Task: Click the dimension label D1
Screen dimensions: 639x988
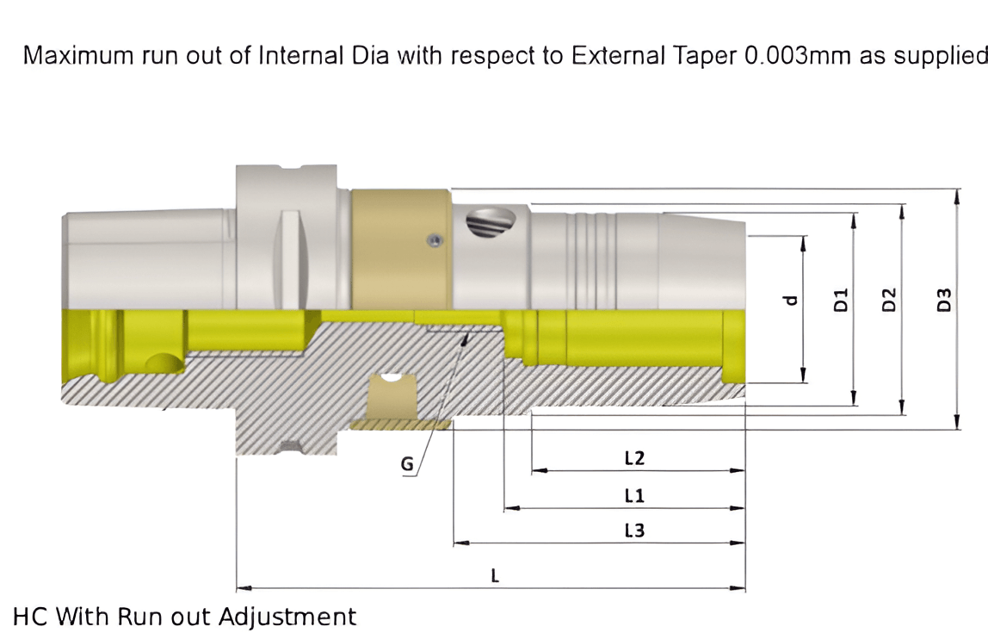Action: click(843, 301)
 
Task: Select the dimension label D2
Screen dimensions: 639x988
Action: click(891, 301)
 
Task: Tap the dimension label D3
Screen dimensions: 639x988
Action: click(944, 301)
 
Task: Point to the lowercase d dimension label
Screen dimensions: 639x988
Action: click(790, 301)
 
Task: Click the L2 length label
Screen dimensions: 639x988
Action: click(634, 458)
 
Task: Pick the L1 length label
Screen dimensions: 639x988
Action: click(634, 496)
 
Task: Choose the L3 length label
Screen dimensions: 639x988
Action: click(634, 530)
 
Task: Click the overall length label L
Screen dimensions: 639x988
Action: click(495, 575)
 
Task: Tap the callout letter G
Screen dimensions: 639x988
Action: click(407, 465)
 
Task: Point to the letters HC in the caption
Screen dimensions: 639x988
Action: click(31, 617)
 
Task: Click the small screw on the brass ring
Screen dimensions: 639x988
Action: click(435, 241)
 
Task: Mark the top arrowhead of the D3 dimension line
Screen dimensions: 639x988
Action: click(956, 195)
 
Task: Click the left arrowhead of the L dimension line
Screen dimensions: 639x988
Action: click(242, 588)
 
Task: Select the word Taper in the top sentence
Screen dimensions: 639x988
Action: click(704, 56)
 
